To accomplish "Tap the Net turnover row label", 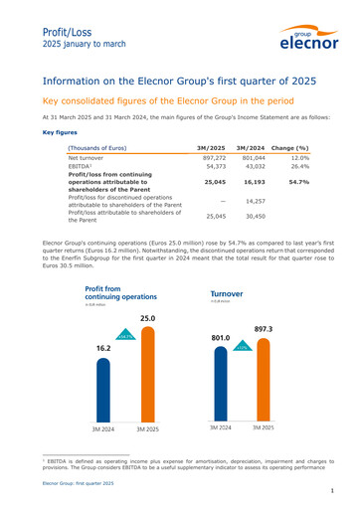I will tap(90, 158).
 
